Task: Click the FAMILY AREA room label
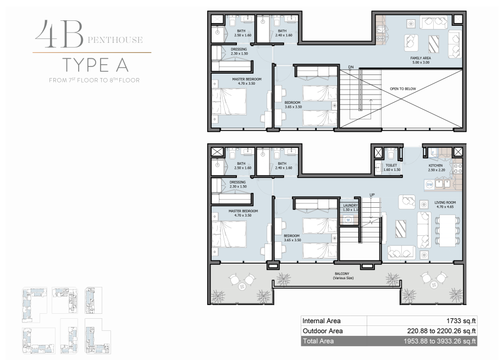[420, 58]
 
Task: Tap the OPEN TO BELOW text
[402, 89]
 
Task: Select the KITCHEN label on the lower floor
[435, 165]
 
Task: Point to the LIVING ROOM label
[445, 202]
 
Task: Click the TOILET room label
[391, 165]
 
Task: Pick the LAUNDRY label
[350, 206]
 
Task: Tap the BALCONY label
[342, 274]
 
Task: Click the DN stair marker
[351, 67]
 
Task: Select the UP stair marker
[372, 195]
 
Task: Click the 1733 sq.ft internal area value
[461, 321]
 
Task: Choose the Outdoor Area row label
[322, 331]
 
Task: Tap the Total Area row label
[318, 341]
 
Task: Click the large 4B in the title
[59, 34]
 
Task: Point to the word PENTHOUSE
[115, 40]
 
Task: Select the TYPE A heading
[95, 65]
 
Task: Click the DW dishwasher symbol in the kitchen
[429, 185]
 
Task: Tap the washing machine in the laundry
[348, 220]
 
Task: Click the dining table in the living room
[447, 230]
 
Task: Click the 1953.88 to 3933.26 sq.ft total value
[439, 341]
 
